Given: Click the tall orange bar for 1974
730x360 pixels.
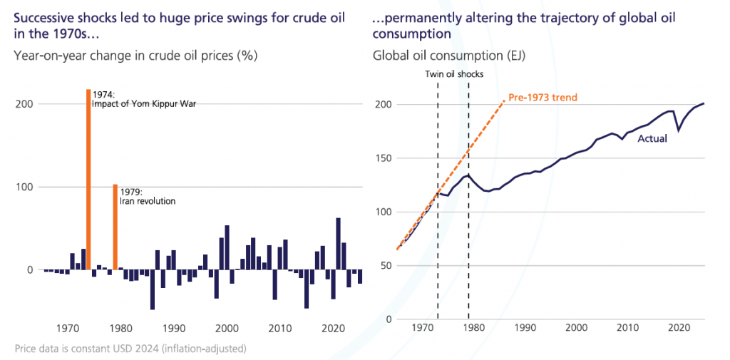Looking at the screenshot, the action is click(88, 180).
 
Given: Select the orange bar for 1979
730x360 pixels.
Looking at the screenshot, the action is click(115, 227).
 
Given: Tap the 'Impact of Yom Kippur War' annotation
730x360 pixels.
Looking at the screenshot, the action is click(144, 104).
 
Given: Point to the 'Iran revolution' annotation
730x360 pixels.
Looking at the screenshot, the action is click(148, 201).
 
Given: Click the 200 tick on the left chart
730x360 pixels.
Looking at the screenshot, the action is click(24, 103).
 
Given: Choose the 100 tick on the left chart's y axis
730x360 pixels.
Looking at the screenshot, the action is click(24, 187).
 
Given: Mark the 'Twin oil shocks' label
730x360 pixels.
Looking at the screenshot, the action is click(454, 73).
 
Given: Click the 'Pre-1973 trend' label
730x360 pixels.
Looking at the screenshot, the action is click(543, 98).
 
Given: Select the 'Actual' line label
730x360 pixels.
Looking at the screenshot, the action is click(652, 138).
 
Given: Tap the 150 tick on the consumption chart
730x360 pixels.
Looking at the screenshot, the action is click(383, 158).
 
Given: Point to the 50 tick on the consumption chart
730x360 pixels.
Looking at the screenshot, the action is click(386, 266).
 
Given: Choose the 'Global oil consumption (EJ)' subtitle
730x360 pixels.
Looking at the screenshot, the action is click(449, 56).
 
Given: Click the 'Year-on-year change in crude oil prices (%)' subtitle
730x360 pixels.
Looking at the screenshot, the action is click(135, 56).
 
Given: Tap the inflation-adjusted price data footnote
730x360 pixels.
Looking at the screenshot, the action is click(130, 348).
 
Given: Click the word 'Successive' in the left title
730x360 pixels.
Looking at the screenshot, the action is click(42, 19).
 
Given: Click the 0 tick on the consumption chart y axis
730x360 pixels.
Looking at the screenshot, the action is click(389, 319).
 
